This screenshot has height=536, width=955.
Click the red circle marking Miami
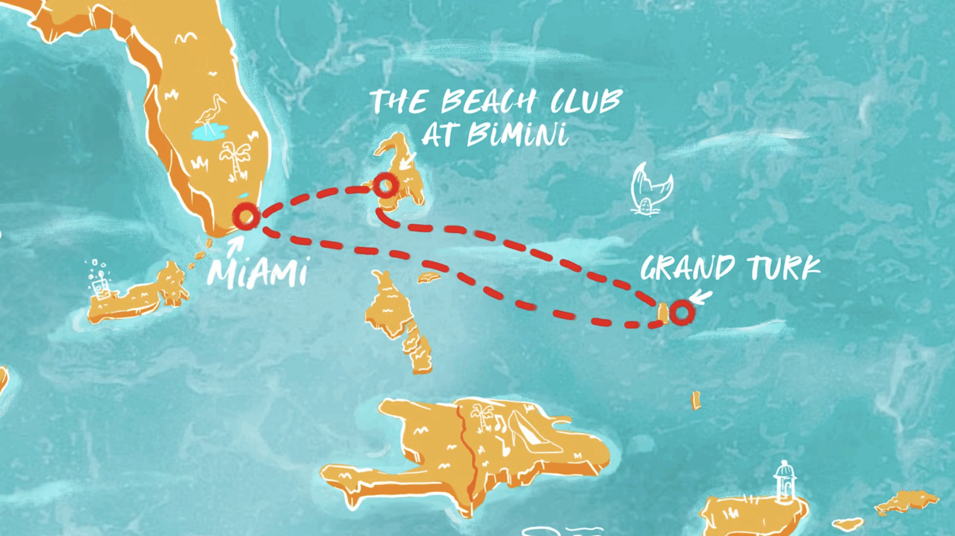click(245, 216)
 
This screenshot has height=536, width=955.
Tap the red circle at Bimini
click(385, 185)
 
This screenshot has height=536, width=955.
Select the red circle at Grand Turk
click(682, 312)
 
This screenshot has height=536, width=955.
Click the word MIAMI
click(257, 274)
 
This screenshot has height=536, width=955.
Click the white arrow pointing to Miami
click(237, 244)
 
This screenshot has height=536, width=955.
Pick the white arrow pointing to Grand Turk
click(701, 297)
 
